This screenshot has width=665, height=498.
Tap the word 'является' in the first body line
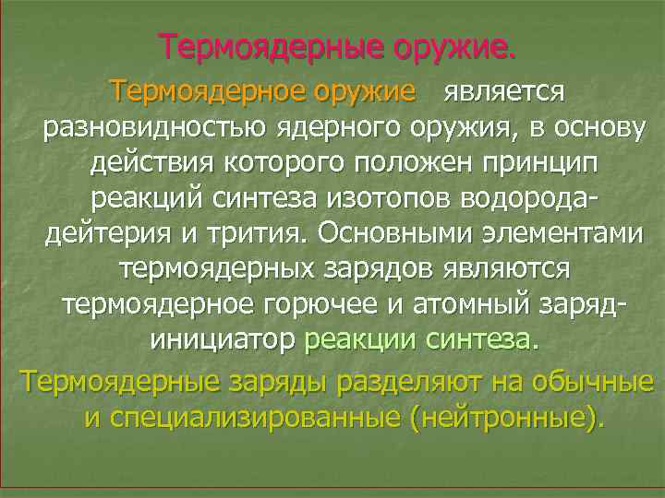click(x=503, y=92)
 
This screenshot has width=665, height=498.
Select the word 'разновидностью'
click(x=139, y=128)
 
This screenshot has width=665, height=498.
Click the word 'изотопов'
click(x=374, y=198)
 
